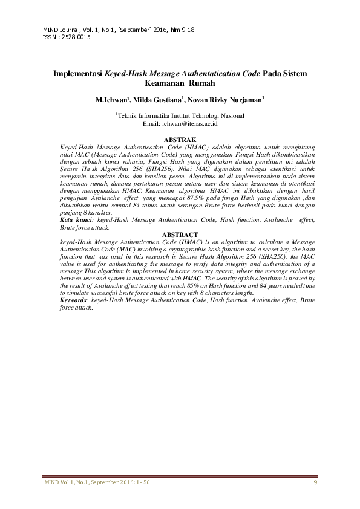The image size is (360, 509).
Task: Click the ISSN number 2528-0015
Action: tap(76, 37)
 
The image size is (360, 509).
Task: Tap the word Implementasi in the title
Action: tap(78, 74)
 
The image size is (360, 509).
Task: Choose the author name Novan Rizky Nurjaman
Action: tap(224, 100)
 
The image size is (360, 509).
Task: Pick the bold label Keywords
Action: tap(73, 300)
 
